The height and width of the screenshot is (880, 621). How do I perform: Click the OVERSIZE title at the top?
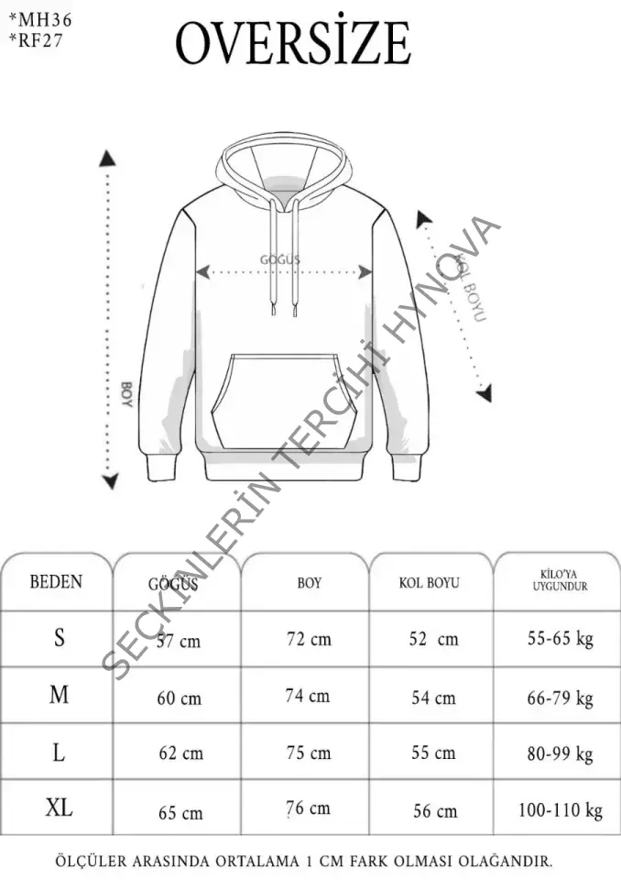(293, 42)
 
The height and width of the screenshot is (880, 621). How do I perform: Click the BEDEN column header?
(56, 582)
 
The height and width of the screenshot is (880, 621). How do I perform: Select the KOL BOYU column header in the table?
(429, 583)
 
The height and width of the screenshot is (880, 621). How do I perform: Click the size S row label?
(60, 638)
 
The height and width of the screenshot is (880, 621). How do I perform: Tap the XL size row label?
(60, 808)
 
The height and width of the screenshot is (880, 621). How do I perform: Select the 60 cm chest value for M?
(179, 698)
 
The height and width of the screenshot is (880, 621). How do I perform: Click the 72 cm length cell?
(309, 639)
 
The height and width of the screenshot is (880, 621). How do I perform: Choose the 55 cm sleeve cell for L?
(433, 753)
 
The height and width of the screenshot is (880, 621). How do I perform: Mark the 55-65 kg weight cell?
(561, 638)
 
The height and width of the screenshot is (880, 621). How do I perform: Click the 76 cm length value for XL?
(309, 808)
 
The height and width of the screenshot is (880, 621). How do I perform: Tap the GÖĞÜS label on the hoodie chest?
(280, 260)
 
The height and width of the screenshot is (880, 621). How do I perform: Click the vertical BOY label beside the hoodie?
(126, 395)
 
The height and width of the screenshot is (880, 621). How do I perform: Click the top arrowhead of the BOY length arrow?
(109, 159)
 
